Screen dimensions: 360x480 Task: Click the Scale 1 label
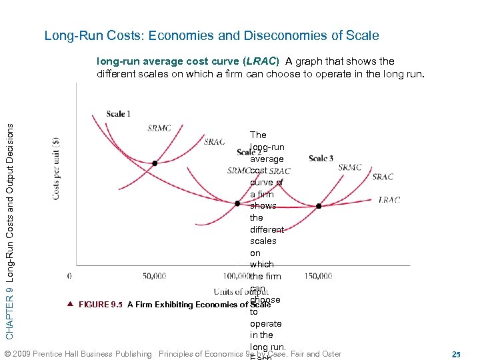[118, 113]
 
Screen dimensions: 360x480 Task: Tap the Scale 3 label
[321, 158]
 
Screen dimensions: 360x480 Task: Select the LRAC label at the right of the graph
[389, 199]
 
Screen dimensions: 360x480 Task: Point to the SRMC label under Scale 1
[159, 128]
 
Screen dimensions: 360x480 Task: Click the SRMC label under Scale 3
[349, 167]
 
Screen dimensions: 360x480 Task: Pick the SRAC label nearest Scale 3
[383, 177]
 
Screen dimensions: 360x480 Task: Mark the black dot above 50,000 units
[155, 163]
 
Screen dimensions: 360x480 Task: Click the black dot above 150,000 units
[319, 206]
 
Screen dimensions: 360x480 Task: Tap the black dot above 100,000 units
[237, 203]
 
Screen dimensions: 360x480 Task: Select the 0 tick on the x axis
[70, 276]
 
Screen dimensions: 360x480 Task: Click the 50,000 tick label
[154, 276]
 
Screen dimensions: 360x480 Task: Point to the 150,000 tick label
[318, 276]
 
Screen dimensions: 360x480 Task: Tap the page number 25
[456, 353]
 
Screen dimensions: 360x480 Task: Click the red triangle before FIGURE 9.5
[70, 304]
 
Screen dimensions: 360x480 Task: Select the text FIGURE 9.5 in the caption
[101, 305]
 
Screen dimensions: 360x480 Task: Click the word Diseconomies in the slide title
[283, 35]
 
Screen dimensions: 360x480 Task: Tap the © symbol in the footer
[7, 354]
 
